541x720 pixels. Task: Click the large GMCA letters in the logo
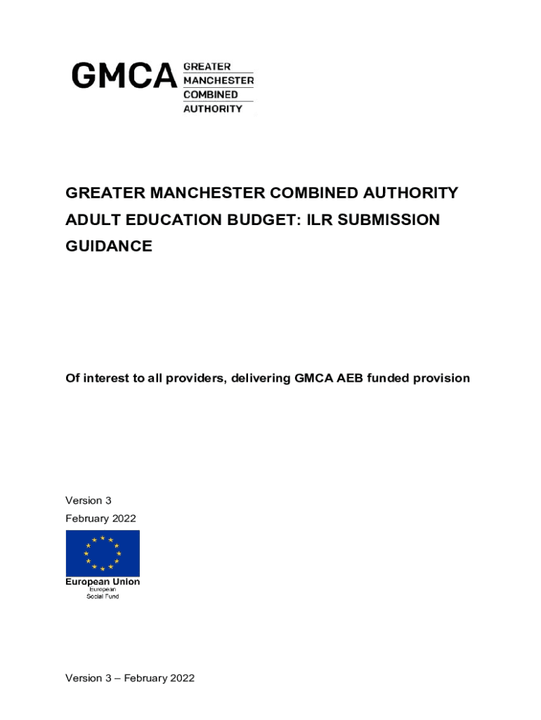click(x=124, y=76)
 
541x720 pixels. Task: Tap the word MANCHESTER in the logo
click(x=219, y=80)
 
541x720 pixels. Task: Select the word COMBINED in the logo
click(x=210, y=94)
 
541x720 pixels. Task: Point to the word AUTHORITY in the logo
click(x=213, y=109)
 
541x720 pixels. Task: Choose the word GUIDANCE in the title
click(x=108, y=246)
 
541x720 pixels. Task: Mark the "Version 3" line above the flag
click(x=89, y=501)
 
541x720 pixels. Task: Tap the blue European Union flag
click(x=103, y=553)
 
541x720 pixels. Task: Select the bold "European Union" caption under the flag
click(x=103, y=581)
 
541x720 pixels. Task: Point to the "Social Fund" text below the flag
click(x=103, y=596)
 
